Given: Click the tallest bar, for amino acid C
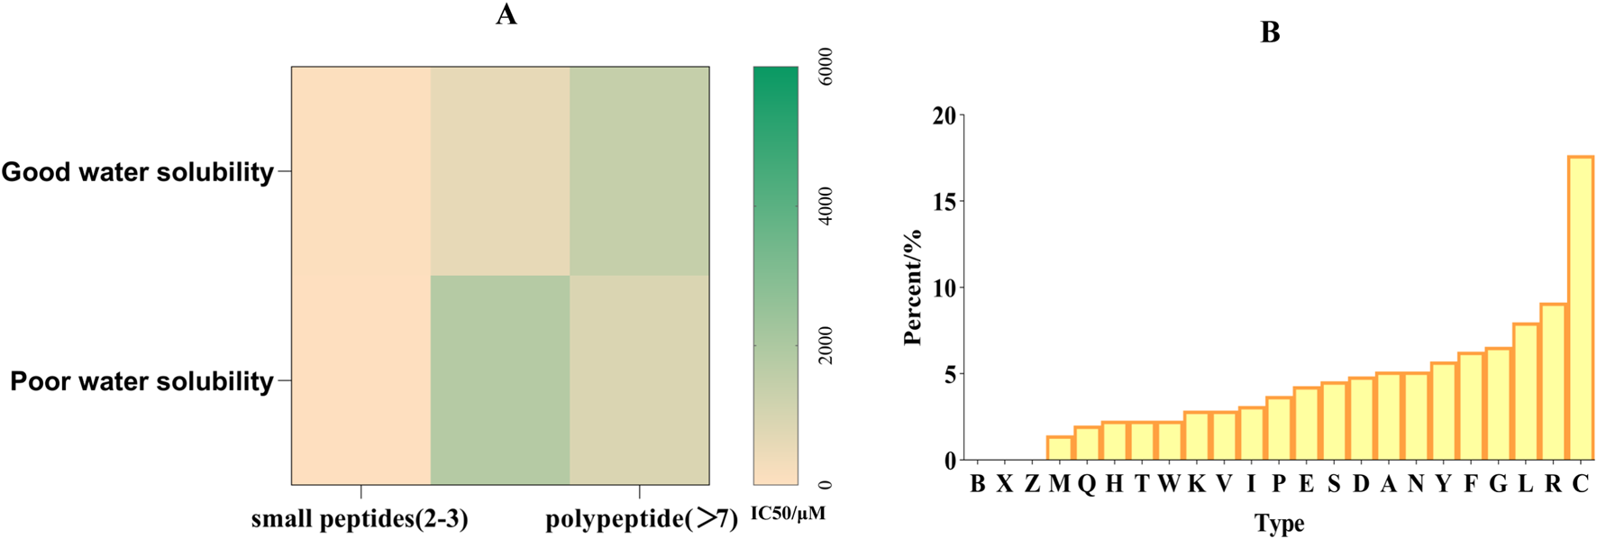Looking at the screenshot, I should [1580, 308].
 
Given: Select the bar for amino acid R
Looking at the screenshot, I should [1553, 382].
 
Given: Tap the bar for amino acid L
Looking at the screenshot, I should [1525, 392].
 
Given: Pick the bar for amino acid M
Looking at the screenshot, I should [1059, 448].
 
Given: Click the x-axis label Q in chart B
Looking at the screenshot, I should [1087, 484].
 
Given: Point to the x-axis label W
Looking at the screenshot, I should [1169, 484].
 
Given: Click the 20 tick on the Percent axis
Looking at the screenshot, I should [944, 116].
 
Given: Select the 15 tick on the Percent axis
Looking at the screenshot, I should [944, 202].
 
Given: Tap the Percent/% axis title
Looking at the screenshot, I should [913, 288].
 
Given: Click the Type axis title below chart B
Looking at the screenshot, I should [1279, 524].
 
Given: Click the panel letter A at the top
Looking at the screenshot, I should [506, 15].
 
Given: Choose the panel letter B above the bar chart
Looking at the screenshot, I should [1270, 33].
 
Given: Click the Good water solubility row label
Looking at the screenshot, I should [138, 172].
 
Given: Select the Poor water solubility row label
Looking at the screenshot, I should [141, 381].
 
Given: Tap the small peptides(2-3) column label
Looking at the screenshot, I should [360, 519].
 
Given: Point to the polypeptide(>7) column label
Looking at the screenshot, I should [641, 519].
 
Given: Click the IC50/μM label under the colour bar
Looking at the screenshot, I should [788, 514].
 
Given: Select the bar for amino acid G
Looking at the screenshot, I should [1498, 404].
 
